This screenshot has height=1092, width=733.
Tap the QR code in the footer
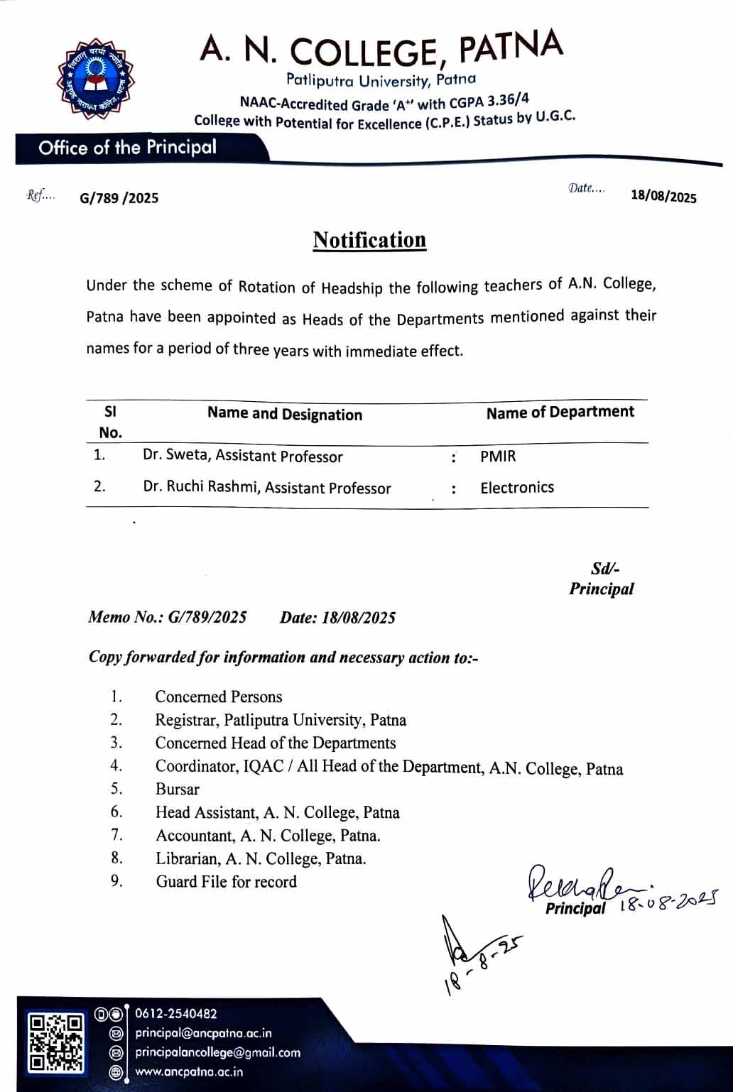(x=55, y=1042)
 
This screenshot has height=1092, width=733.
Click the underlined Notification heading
(x=369, y=240)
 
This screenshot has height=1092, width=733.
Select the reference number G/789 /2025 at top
(x=119, y=198)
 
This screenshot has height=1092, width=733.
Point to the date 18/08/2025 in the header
(x=663, y=196)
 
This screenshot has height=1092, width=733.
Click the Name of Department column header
(x=560, y=413)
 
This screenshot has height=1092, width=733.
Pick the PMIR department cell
(x=498, y=456)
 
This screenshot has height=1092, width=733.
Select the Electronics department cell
(x=517, y=488)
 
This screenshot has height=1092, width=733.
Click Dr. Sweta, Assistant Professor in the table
(x=243, y=456)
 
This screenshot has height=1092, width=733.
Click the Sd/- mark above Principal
(x=605, y=569)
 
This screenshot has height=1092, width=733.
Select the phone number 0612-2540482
(x=176, y=1014)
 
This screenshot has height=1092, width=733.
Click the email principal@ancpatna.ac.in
(x=203, y=1033)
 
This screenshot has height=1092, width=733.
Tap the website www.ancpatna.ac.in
(x=189, y=1071)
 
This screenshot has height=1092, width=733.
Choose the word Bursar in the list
(x=178, y=789)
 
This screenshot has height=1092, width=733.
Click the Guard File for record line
(x=226, y=882)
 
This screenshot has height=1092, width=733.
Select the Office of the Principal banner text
(x=128, y=148)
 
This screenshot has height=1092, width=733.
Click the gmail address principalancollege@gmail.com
(x=217, y=1052)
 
